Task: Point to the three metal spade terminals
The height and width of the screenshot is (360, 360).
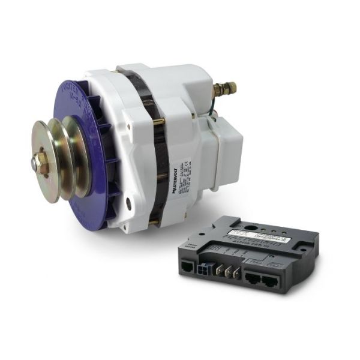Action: pos(229,270)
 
